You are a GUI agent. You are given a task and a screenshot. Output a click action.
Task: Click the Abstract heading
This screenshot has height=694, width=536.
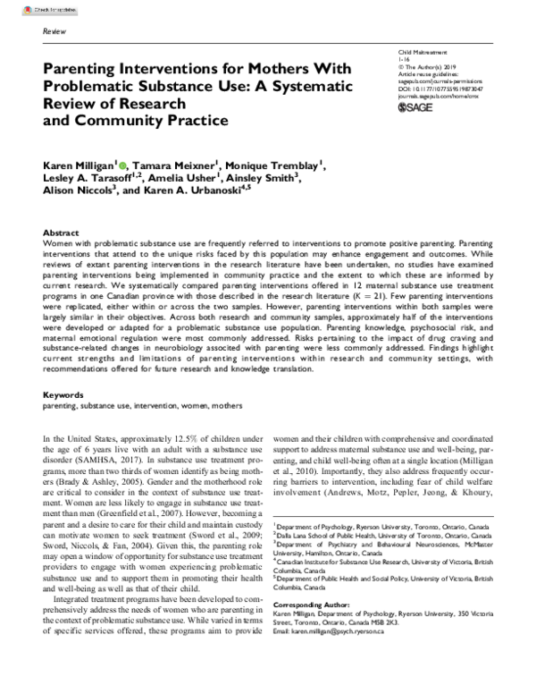[x=61, y=231]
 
